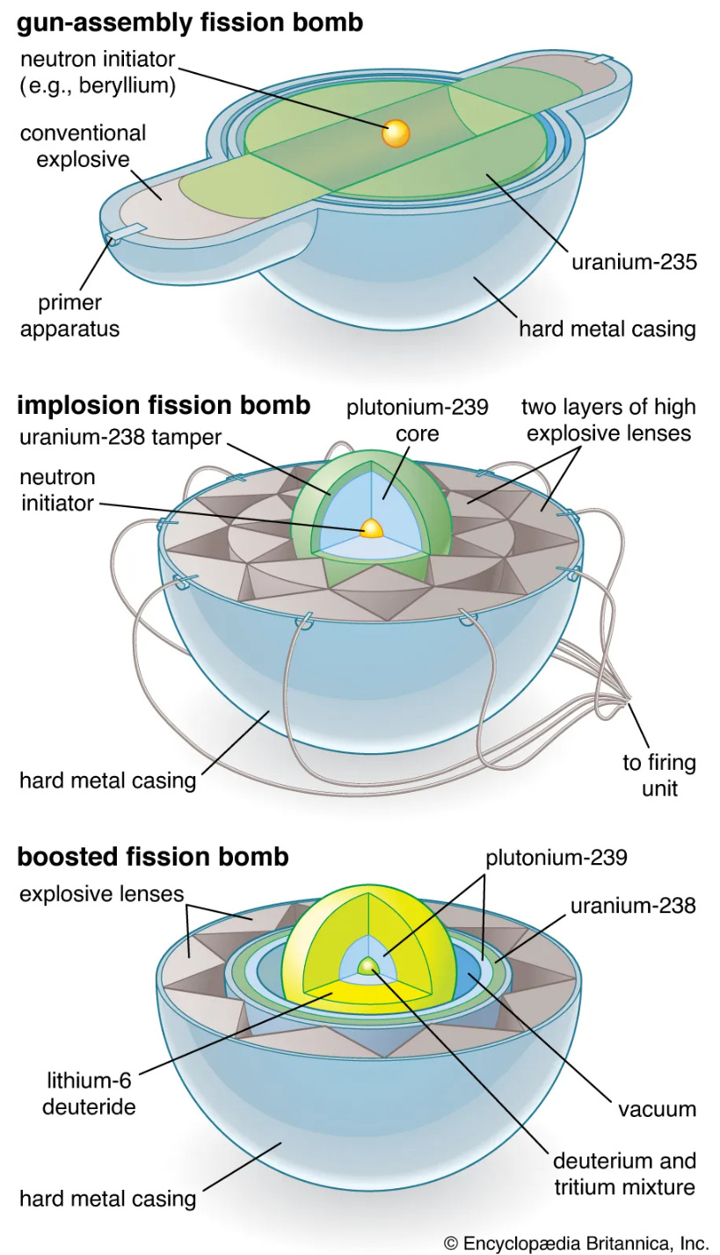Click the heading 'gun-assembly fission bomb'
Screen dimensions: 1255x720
click(190, 22)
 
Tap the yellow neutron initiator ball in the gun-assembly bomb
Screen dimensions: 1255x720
click(396, 134)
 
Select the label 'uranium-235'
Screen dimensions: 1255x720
click(634, 262)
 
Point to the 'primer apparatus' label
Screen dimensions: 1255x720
click(69, 316)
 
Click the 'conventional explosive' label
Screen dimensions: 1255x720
click(83, 147)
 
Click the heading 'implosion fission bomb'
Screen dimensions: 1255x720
click(164, 405)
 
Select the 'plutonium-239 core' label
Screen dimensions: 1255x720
click(417, 421)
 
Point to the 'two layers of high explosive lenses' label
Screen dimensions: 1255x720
click(608, 420)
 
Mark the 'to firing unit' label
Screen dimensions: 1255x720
click(659, 774)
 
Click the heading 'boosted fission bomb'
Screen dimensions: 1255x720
click(153, 856)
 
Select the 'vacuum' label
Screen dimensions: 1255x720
click(657, 1108)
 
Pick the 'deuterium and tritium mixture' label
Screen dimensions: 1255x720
click(624, 1174)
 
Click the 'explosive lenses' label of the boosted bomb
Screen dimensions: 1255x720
click(101, 894)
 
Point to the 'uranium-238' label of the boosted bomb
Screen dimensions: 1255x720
click(633, 904)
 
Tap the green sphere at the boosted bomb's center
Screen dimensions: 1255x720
click(367, 967)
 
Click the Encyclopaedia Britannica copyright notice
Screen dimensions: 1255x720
click(576, 1243)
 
